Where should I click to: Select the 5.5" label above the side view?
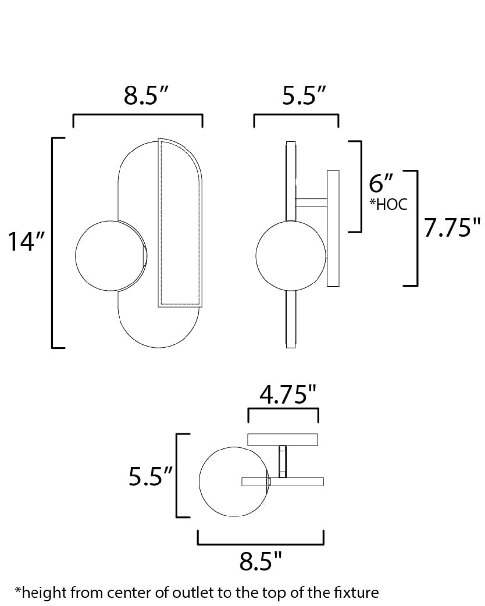click(303, 96)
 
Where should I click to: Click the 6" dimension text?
click(382, 184)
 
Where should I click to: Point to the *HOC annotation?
click(388, 204)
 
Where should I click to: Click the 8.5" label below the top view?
click(261, 562)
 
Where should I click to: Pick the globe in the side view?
click(288, 254)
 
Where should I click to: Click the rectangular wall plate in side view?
click(333, 228)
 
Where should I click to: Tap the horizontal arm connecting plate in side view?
click(311, 202)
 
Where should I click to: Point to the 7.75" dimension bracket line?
click(417, 228)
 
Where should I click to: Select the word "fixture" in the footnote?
click(357, 593)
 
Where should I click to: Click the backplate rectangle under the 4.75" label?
click(283, 439)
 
